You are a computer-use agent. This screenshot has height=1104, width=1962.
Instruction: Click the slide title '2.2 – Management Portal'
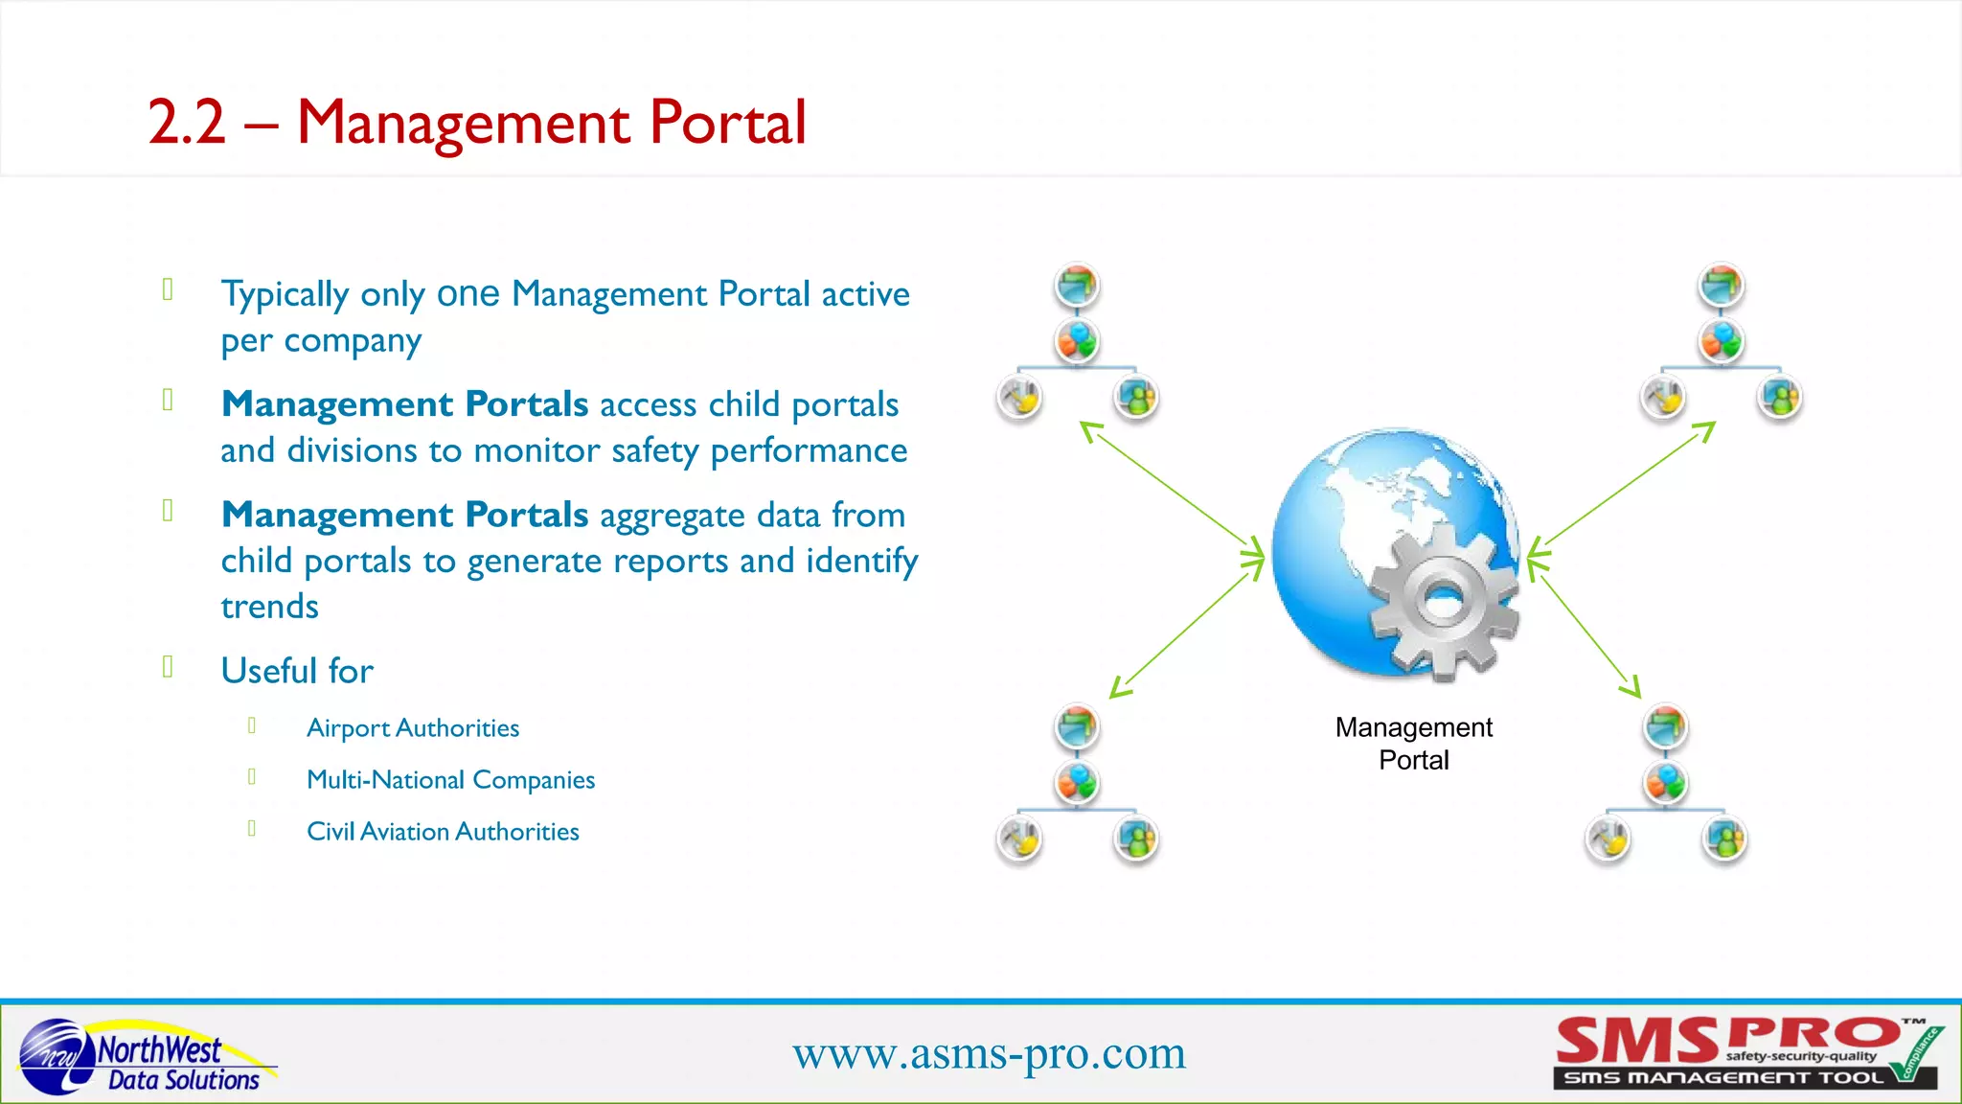click(x=477, y=123)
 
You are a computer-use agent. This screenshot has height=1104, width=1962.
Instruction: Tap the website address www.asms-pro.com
click(x=989, y=1053)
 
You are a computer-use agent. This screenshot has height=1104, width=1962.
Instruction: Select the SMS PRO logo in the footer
click(x=1746, y=1053)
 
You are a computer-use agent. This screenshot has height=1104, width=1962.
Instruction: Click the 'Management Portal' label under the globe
click(x=1413, y=744)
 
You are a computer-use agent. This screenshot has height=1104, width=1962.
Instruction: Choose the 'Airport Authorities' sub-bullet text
click(x=413, y=728)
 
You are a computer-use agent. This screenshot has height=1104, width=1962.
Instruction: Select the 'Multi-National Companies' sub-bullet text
click(x=450, y=780)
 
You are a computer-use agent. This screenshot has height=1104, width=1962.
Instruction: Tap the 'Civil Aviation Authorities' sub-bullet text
click(x=443, y=832)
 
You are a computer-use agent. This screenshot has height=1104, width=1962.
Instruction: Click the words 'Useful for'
click(x=297, y=671)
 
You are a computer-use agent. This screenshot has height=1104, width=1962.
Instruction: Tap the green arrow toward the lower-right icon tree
click(x=1586, y=628)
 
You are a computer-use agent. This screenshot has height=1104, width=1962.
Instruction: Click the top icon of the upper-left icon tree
click(x=1078, y=286)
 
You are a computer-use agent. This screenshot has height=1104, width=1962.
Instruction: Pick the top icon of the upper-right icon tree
click(x=1722, y=286)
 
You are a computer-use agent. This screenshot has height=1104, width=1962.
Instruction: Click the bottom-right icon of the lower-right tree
click(x=1724, y=839)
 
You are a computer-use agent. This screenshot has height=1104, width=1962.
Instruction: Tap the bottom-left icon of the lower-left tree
click(x=1019, y=839)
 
